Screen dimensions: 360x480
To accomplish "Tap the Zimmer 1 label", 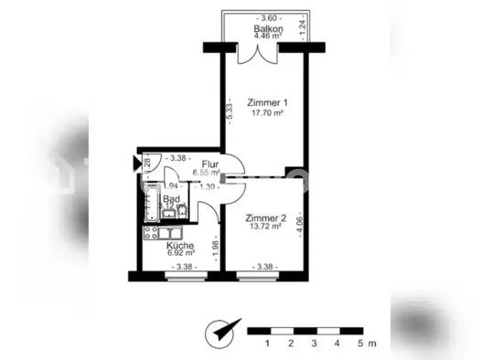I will point(266,103).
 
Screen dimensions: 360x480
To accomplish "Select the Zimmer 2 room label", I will point(266,218).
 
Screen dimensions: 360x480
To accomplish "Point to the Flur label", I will point(209,164).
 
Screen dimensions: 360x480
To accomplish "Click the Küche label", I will point(178,247).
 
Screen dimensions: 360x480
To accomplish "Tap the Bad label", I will point(170,199).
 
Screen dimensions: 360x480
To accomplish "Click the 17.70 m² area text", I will point(266,114).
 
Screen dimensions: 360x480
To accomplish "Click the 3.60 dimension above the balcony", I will point(266,18).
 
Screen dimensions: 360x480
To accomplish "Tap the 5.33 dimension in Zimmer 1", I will point(229,111).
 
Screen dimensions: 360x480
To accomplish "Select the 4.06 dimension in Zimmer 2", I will point(300,225).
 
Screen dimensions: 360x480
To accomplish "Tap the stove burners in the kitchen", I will point(153,233).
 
